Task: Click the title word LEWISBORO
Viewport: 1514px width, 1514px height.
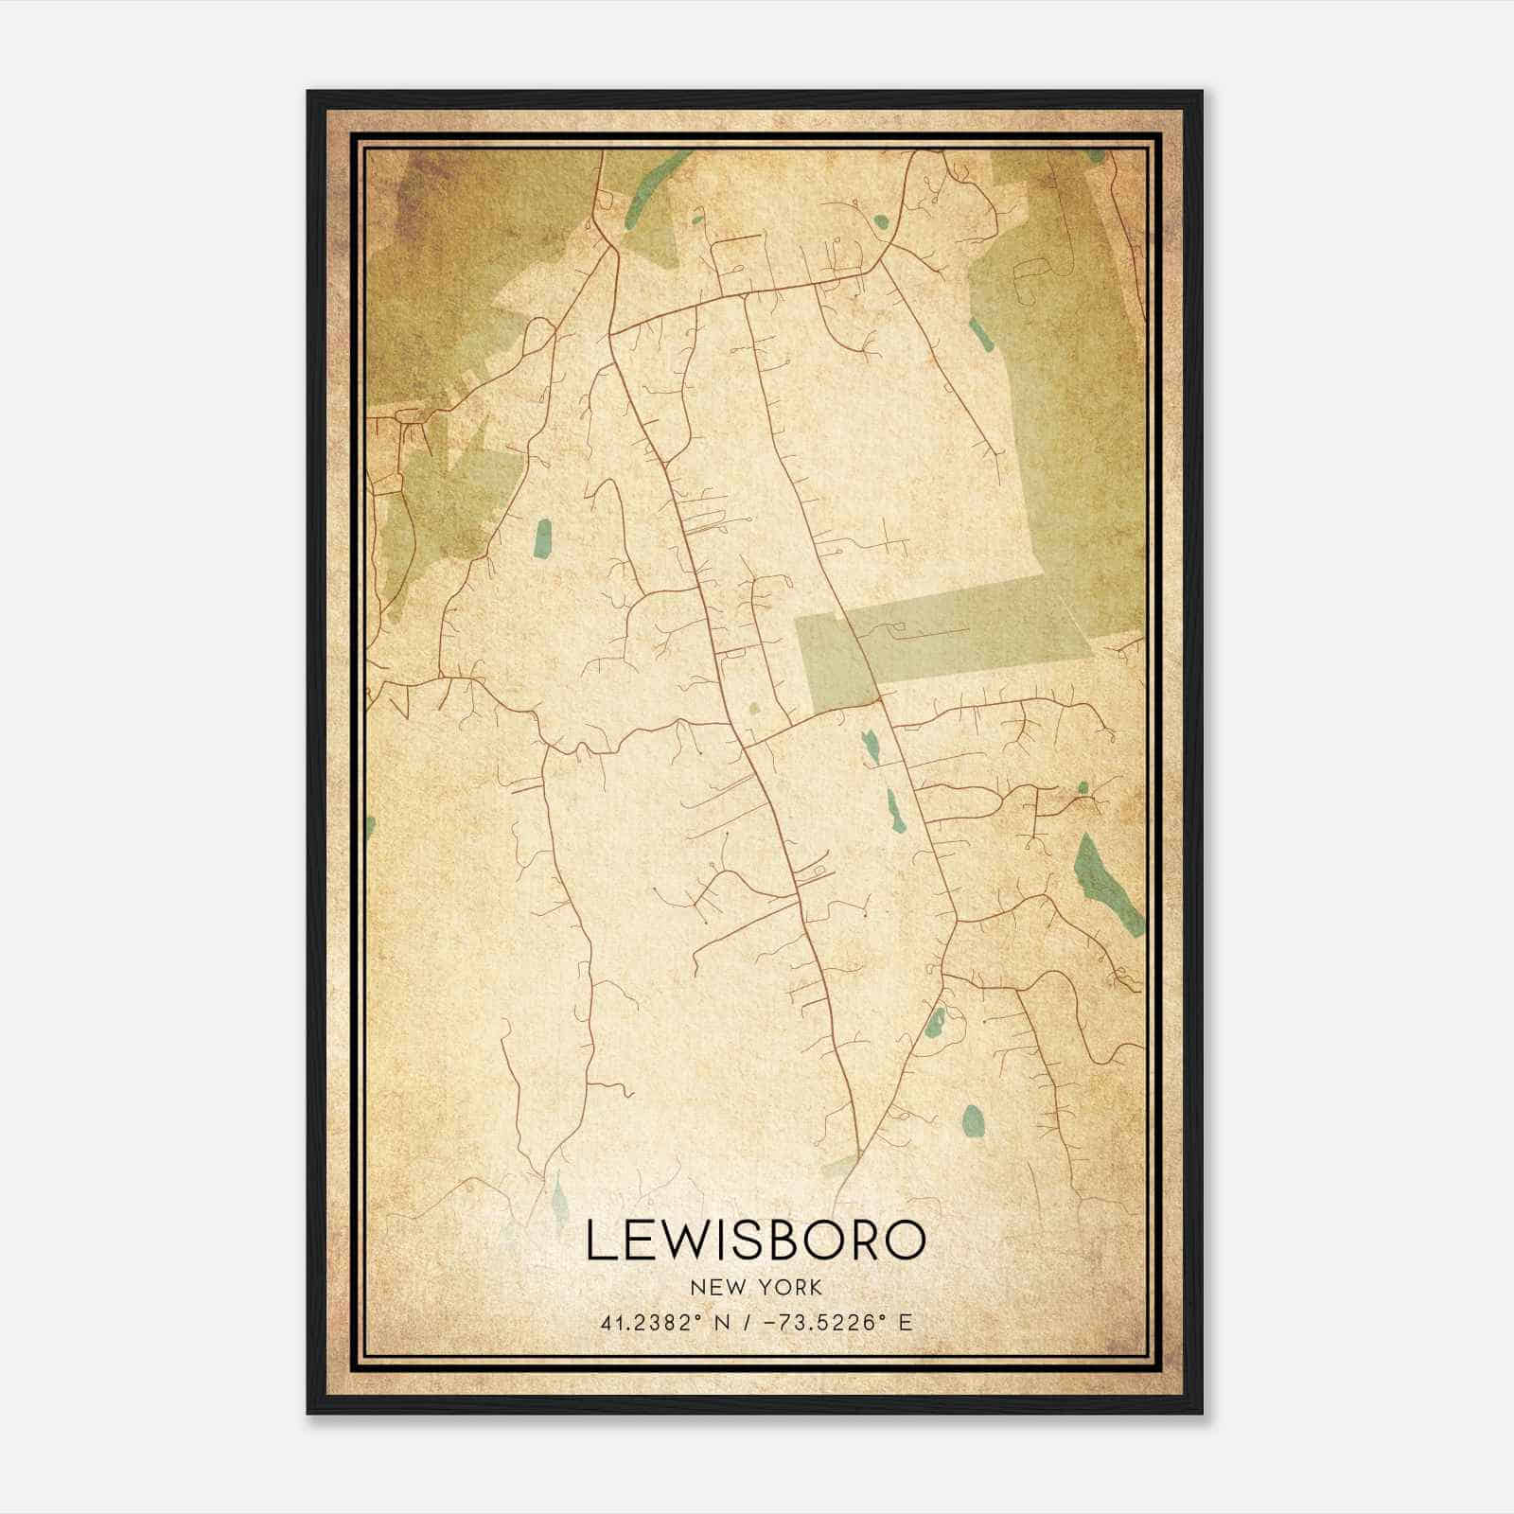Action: point(754,1241)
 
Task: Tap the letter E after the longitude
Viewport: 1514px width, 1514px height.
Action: point(906,1323)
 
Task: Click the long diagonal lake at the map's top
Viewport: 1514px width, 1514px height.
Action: point(644,194)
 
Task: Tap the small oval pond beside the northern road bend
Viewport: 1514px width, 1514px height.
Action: point(881,222)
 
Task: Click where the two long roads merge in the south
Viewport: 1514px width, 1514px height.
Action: point(859,1150)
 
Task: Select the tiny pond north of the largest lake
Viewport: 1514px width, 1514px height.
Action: point(1083,786)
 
